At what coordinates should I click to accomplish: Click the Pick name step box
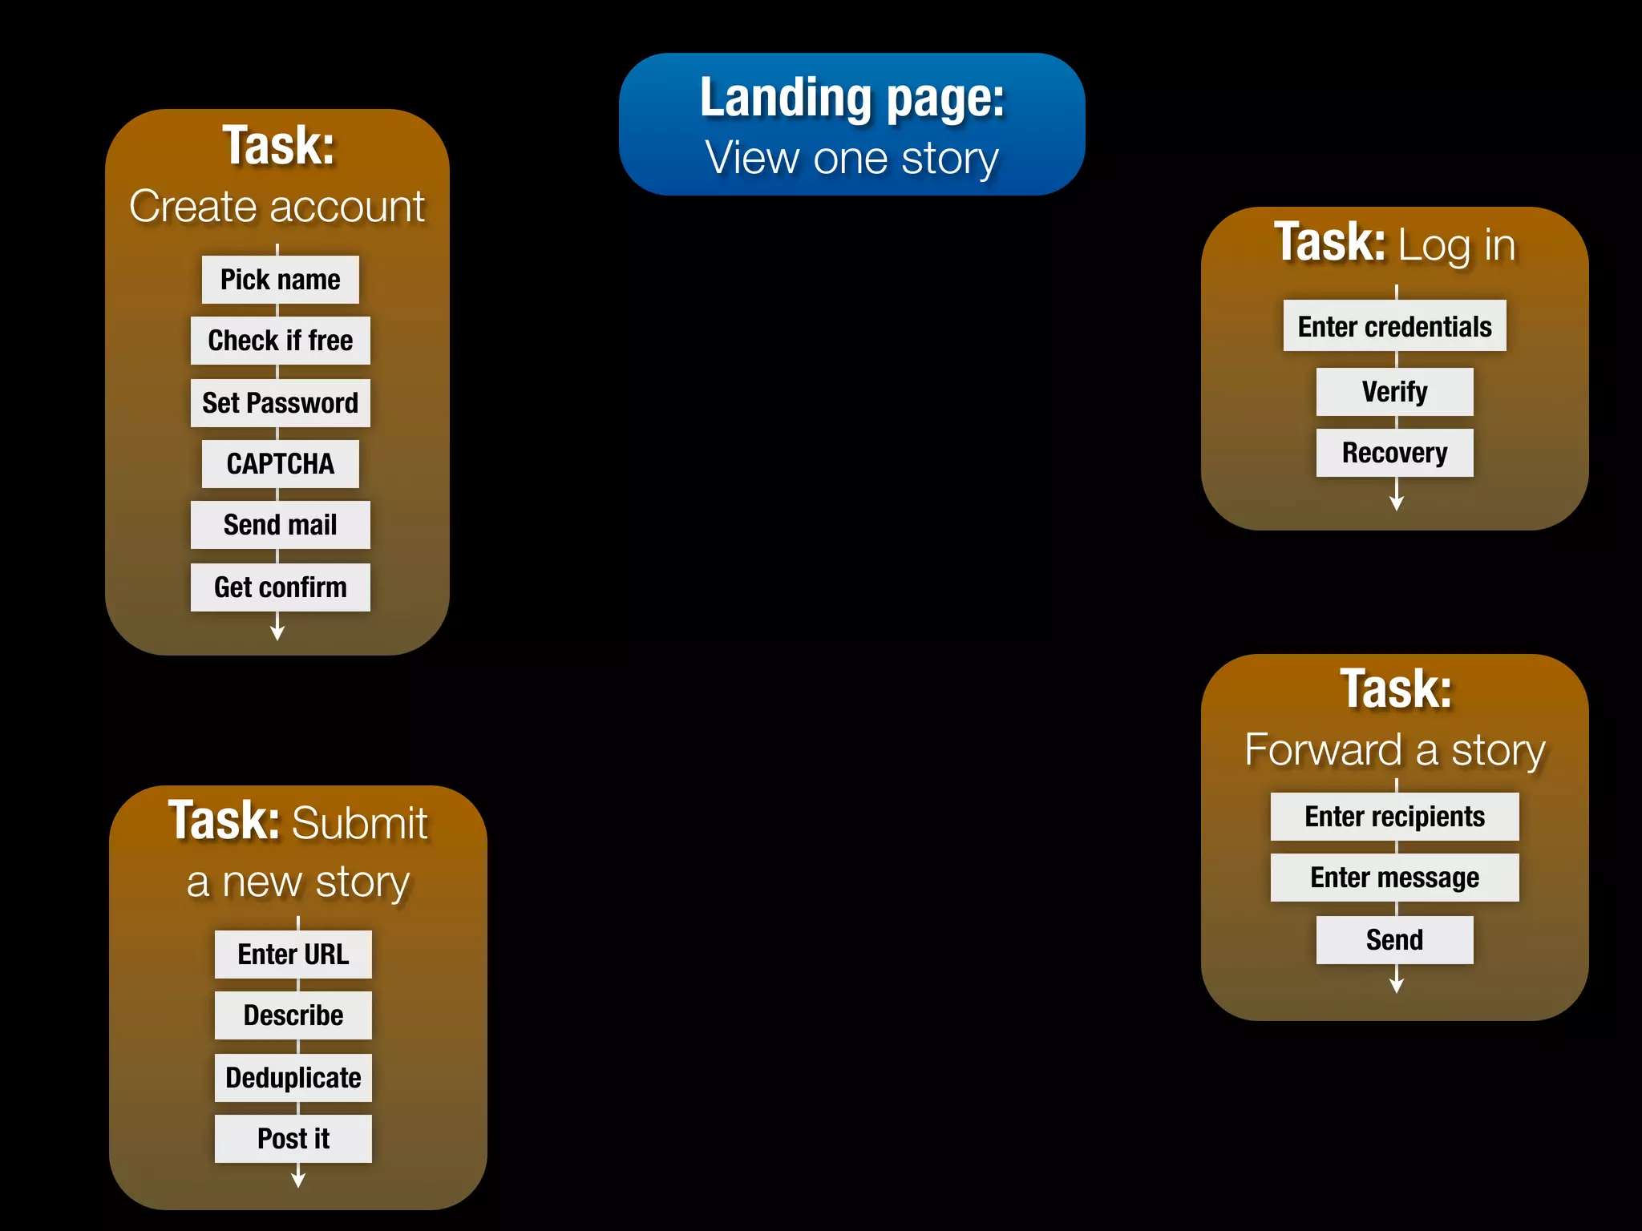pos(280,280)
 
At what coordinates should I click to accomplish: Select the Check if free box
pos(280,341)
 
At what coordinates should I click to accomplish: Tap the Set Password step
pos(280,402)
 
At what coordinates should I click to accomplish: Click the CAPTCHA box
pos(280,463)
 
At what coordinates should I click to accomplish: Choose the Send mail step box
pos(280,525)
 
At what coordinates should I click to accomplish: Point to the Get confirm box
pos(280,587)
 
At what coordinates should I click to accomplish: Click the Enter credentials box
pos(1394,326)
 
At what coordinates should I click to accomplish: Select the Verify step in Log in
pos(1394,392)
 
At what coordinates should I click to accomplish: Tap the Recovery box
pos(1394,453)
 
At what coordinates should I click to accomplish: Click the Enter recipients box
pos(1394,817)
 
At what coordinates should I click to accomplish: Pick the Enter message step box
pos(1394,878)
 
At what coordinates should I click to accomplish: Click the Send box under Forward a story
pos(1394,939)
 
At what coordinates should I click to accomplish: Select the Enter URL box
pos(293,954)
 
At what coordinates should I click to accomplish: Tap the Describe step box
pos(293,1015)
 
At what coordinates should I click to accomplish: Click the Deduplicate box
pos(293,1077)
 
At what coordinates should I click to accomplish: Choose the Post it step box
pos(293,1138)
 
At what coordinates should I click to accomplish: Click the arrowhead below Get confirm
pos(277,632)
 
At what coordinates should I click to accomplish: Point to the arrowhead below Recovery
pos(1396,502)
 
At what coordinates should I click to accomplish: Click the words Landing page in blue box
pos(851,98)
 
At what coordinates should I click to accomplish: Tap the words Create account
pos(277,207)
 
